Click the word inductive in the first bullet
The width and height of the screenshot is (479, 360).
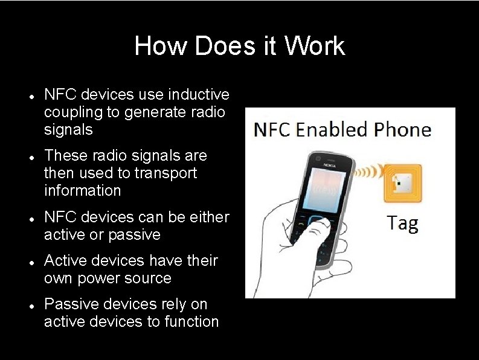tap(199, 95)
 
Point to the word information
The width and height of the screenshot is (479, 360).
tap(82, 190)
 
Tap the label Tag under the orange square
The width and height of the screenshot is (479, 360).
tap(403, 223)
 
